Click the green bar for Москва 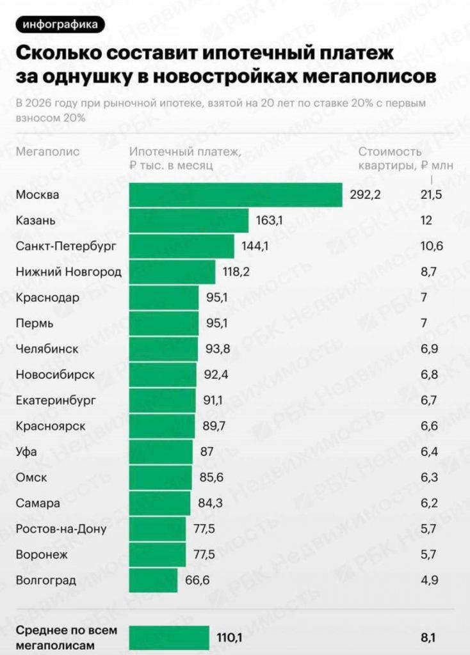(x=236, y=195)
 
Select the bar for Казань (x=189, y=221)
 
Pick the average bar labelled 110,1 (x=169, y=638)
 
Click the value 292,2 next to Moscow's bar (x=366, y=195)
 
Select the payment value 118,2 (x=236, y=272)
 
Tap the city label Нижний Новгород (x=69, y=272)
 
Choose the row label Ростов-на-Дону (x=61, y=529)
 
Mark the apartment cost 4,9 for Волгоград (x=428, y=580)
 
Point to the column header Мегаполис (x=48, y=152)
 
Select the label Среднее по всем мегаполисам (x=58, y=638)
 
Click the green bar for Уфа (x=161, y=452)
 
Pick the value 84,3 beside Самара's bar (x=210, y=503)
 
